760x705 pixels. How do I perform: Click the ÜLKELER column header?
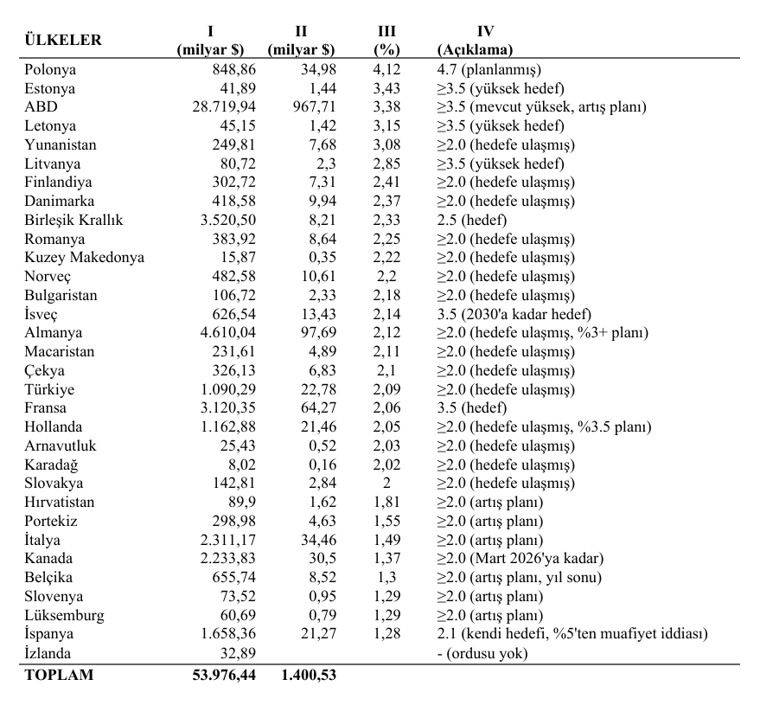[63, 40]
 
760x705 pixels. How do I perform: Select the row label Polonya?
[50, 70]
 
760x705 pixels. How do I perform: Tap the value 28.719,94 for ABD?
[224, 107]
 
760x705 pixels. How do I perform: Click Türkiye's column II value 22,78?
[318, 389]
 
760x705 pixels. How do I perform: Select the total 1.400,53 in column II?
[308, 676]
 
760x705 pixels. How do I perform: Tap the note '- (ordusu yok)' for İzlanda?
[482, 653]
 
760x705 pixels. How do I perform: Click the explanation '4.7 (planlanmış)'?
[489, 70]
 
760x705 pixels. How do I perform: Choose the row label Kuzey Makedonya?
[85, 258]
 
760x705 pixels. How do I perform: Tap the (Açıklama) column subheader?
[476, 49]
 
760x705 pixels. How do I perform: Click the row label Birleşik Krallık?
[74, 220]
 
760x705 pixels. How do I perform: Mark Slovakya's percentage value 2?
[386, 484]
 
